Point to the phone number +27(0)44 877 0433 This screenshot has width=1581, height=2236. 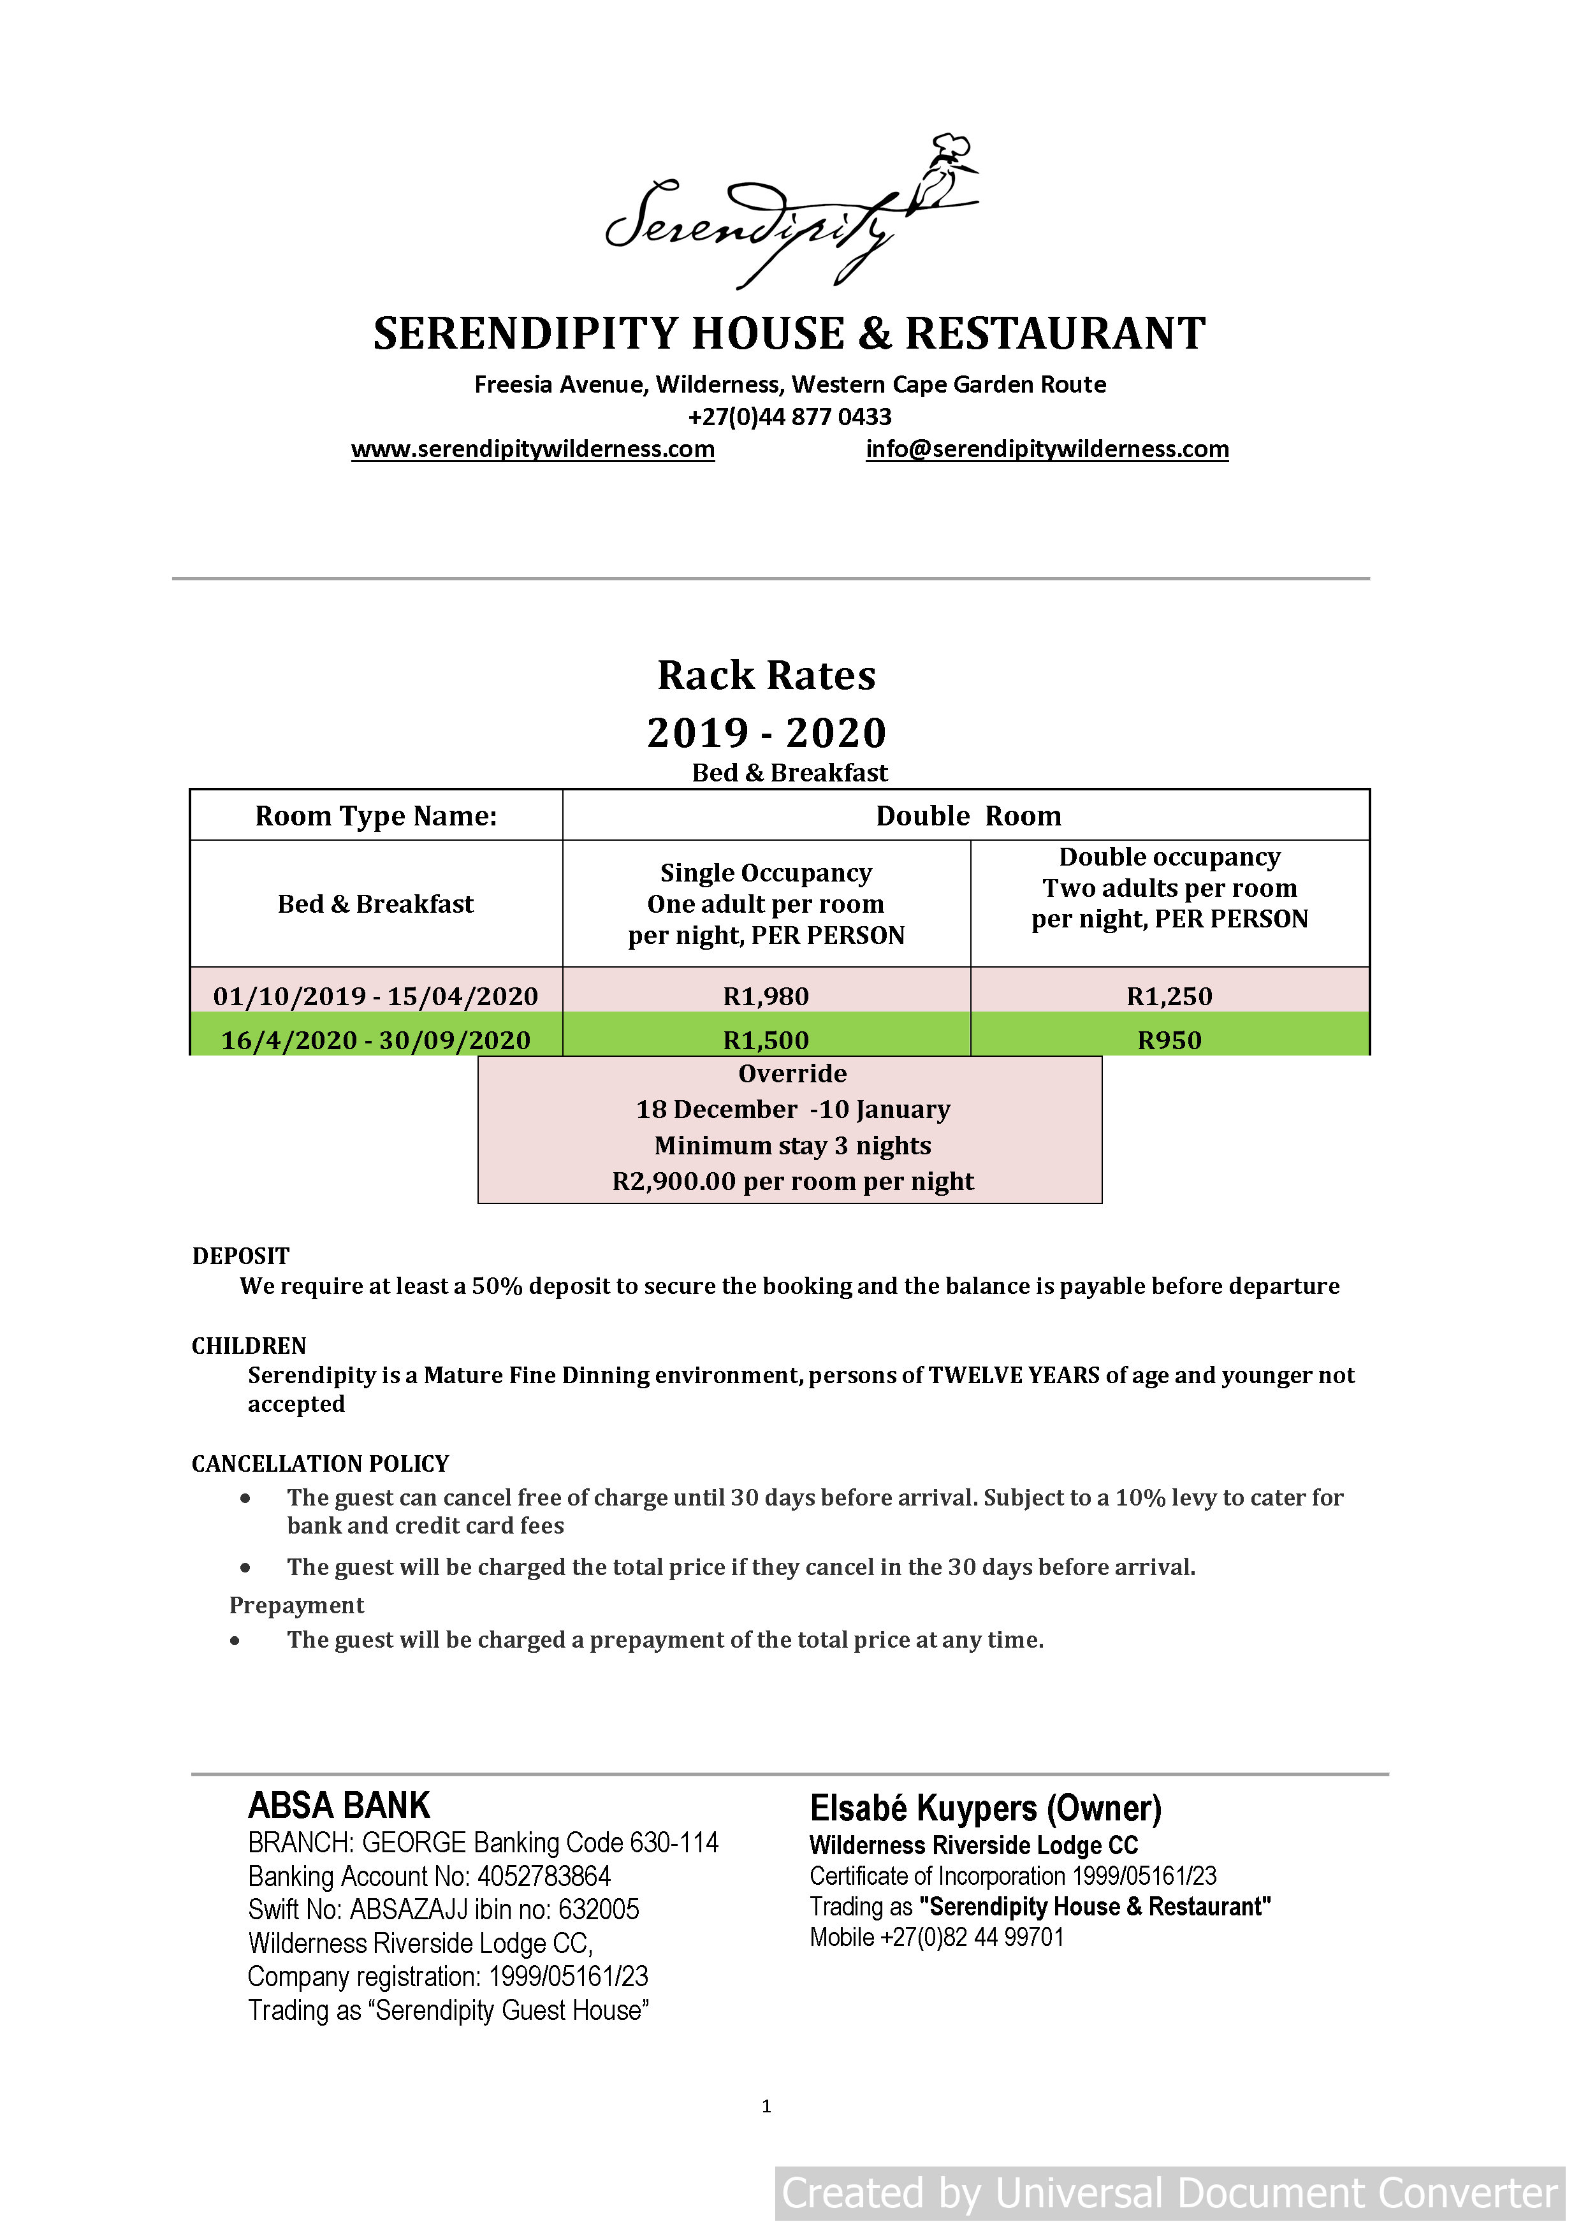coord(789,417)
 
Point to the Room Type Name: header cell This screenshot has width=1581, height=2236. coord(376,816)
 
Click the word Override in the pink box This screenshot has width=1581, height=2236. coord(792,1073)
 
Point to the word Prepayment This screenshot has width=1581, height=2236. coord(296,1605)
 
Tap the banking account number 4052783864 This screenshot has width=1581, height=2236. coord(544,1877)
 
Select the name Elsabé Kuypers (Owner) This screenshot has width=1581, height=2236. coord(985,1808)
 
